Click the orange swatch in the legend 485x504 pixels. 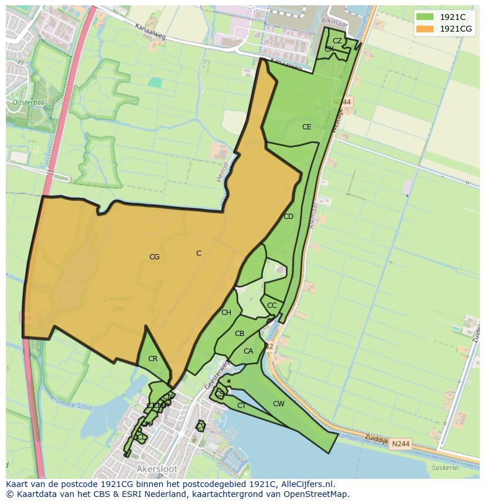coord(425,29)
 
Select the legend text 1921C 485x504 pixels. coord(453,17)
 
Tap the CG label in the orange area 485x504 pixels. coord(154,257)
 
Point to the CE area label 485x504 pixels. coord(306,127)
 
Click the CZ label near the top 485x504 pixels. coord(337,41)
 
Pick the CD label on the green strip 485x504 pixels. coord(288,217)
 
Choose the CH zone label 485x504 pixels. coord(226,313)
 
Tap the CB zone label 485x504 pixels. coord(239,334)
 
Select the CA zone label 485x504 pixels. coord(248,351)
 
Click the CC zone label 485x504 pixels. coord(272,306)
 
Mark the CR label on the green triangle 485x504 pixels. coord(153,359)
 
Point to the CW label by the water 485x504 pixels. coord(279,404)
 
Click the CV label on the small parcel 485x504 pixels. coord(200,427)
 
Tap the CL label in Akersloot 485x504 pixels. coord(141,437)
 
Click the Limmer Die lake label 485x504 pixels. coord(118,303)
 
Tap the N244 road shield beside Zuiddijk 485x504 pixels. coord(401,444)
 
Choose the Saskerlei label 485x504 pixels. coord(443,468)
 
